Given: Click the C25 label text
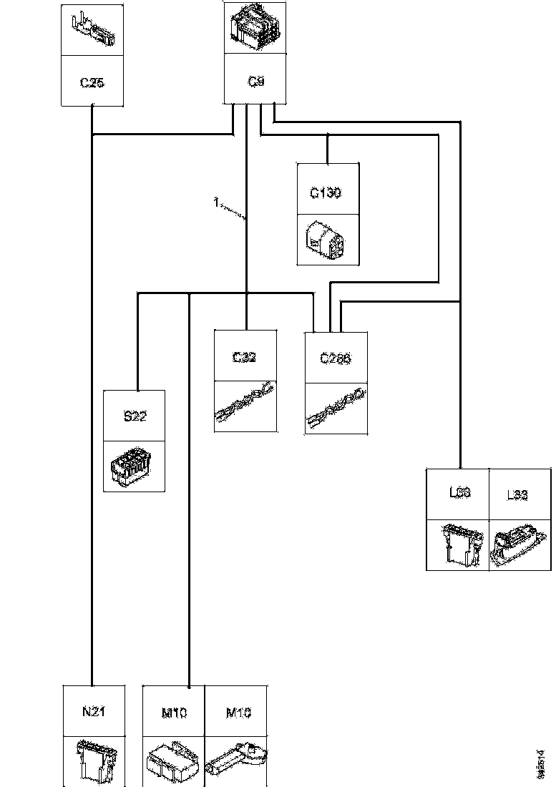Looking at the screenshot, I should click(92, 83).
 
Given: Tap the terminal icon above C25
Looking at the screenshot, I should click(92, 29).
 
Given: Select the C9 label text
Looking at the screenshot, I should click(255, 82).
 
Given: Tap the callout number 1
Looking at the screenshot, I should click(215, 203).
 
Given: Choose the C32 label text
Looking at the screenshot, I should click(245, 357).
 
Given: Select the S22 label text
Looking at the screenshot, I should click(135, 416).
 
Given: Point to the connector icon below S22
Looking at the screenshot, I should click(135, 466).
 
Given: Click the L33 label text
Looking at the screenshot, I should click(519, 495).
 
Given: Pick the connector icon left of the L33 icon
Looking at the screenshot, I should click(457, 546).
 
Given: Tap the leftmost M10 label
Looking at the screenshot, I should click(174, 713).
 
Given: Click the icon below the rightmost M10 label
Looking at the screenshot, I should click(236, 763).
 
